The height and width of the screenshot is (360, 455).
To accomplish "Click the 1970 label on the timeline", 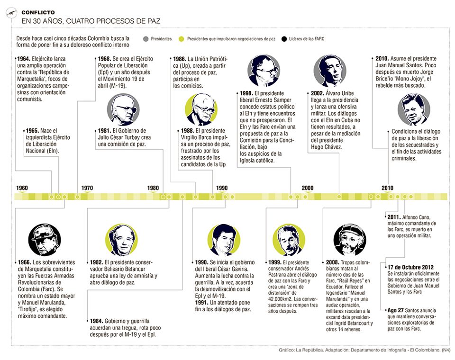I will [x=87, y=188].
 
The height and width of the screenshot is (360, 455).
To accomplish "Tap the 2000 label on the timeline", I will [x=307, y=188].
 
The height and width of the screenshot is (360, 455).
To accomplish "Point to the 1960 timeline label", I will [x=22, y=188].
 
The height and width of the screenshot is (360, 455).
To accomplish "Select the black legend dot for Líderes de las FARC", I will [x=284, y=39].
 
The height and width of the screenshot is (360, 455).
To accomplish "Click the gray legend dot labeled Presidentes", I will [x=146, y=39].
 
